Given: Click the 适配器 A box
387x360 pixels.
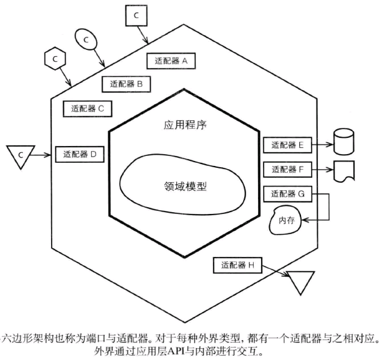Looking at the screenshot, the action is (x=171, y=61).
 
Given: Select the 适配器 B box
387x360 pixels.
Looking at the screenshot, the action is (x=126, y=84).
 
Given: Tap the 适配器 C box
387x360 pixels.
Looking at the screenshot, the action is (x=88, y=109).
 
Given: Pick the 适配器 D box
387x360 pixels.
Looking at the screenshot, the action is (x=80, y=155).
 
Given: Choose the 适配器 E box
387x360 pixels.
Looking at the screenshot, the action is (x=287, y=145).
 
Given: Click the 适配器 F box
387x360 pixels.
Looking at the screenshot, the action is (x=287, y=170).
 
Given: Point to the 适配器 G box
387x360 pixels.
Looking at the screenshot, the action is (x=287, y=194).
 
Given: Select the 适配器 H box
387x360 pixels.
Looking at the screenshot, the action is (x=237, y=265).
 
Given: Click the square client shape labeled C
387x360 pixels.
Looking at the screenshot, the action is (x=136, y=16).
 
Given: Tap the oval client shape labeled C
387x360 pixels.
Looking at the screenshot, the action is (x=86, y=39).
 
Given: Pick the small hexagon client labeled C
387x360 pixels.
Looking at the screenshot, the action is (x=55, y=59).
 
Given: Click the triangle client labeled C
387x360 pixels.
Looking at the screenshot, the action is (x=21, y=155).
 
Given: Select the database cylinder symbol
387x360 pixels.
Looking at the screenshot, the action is (x=344, y=142).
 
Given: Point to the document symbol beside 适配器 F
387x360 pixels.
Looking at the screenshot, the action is (x=344, y=171).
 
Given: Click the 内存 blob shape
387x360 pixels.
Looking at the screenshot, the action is (x=285, y=220).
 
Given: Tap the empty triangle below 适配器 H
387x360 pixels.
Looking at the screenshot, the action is (x=300, y=281).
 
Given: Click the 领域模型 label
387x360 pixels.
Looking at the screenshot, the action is (x=185, y=186).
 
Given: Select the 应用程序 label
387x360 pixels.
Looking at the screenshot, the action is (x=185, y=125).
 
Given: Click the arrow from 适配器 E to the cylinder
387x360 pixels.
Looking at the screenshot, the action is (x=323, y=145).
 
